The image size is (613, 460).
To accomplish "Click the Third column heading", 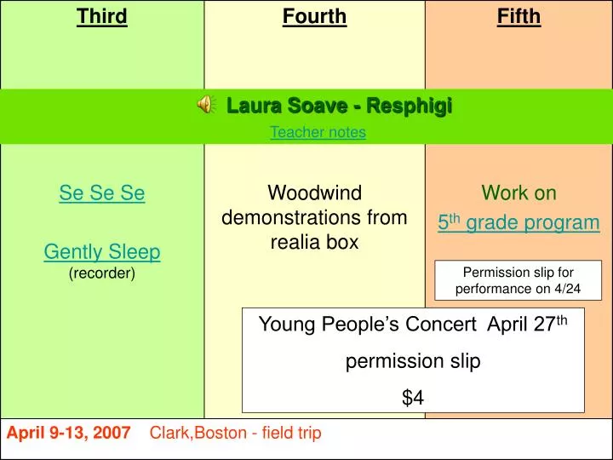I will [102, 16].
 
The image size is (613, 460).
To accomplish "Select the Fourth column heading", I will [314, 16].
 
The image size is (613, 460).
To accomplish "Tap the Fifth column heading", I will [518, 16].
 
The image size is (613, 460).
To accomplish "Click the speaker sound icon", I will [205, 106].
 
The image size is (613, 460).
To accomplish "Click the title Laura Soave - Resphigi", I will [339, 106].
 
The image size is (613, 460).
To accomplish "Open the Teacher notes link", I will [318, 132].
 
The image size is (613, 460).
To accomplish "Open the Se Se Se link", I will [102, 193].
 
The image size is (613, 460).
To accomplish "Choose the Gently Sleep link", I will [102, 251].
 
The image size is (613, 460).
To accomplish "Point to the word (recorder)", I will [102, 273].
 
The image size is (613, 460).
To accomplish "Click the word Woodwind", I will [314, 193].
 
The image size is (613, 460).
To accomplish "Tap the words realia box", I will [314, 242].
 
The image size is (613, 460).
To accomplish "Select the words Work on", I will [518, 193].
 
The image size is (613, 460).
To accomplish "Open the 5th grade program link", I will [518, 223].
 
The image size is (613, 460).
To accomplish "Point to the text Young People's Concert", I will [367, 325].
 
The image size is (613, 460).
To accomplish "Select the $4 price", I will [413, 397].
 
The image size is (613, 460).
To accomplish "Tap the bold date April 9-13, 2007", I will [69, 434].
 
